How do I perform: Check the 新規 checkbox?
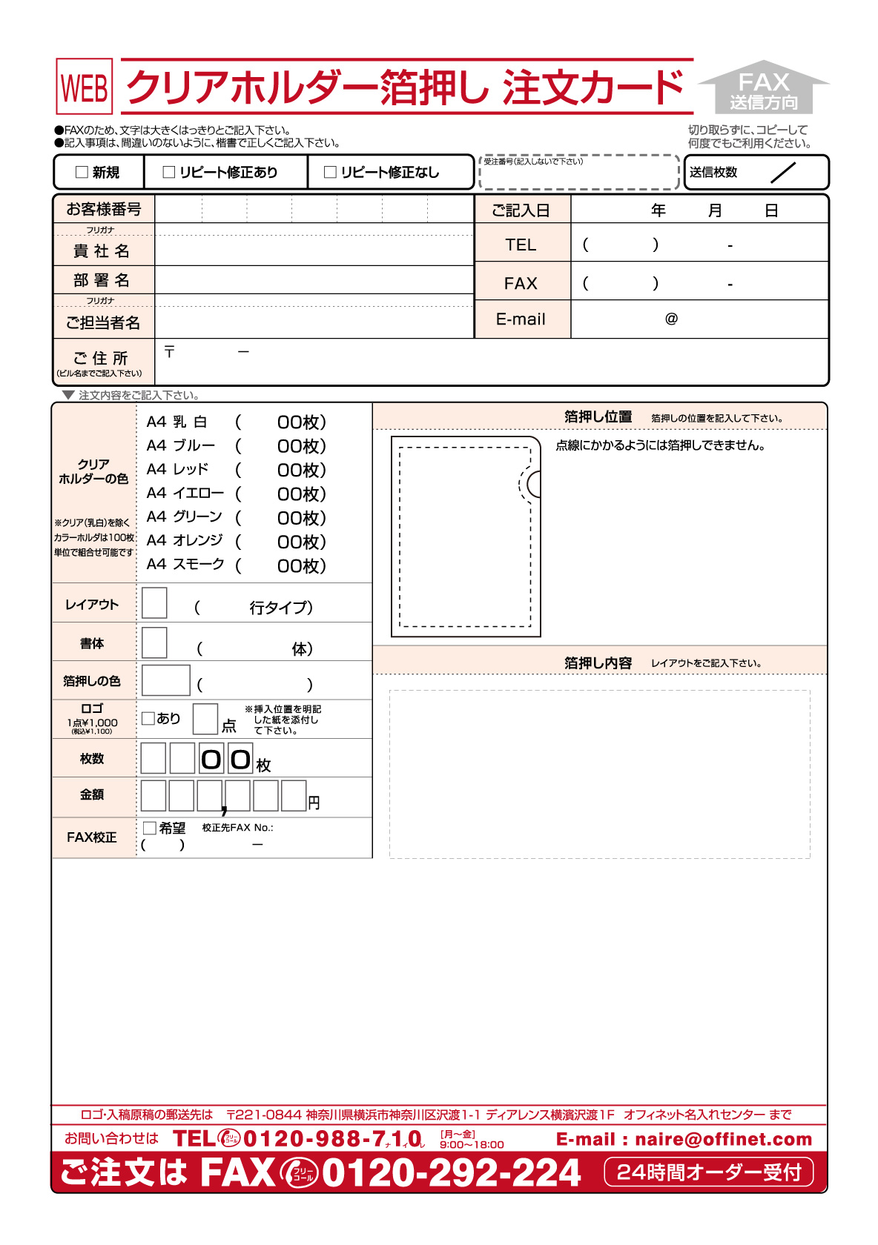click(82, 173)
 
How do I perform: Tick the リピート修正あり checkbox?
click(169, 173)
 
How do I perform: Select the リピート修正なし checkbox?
click(331, 173)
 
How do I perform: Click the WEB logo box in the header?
click(85, 87)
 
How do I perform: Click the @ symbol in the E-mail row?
click(671, 319)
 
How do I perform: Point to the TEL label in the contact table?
click(521, 245)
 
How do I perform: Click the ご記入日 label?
click(521, 210)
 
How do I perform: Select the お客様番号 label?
click(104, 209)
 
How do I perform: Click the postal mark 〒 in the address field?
click(170, 351)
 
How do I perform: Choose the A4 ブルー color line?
click(181, 445)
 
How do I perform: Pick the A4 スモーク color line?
click(185, 564)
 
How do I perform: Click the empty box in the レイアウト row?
click(154, 603)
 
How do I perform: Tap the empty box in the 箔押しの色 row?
click(166, 680)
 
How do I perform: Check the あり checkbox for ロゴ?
click(148, 718)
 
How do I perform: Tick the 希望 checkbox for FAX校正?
click(150, 828)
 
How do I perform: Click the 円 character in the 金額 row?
click(314, 803)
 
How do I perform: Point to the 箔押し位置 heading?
click(598, 416)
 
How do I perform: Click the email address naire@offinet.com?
click(723, 1139)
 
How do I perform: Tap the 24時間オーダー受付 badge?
click(709, 1172)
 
